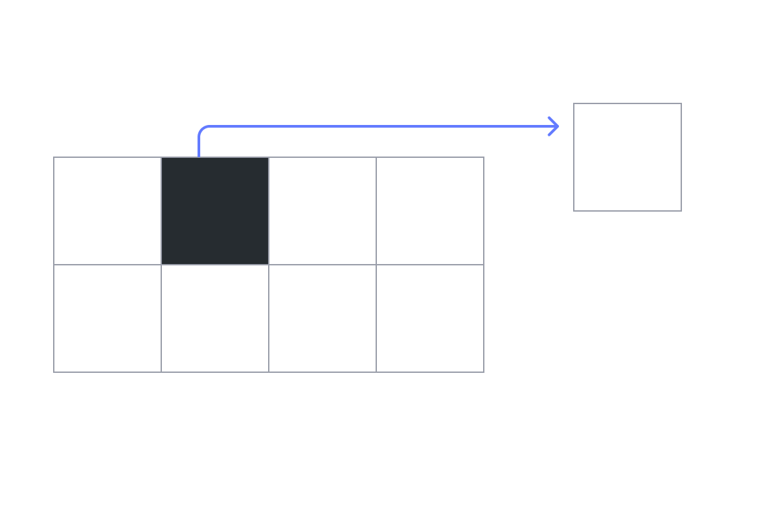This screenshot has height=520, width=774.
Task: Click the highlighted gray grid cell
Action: (215, 211)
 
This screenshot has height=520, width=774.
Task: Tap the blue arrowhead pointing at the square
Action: (554, 126)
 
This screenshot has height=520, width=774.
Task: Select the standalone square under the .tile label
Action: (628, 157)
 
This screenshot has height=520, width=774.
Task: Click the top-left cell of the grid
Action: (107, 211)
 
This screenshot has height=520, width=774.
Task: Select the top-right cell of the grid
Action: (430, 211)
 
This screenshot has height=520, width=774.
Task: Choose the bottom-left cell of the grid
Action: (107, 318)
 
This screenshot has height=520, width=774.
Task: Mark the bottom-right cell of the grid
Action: (430, 318)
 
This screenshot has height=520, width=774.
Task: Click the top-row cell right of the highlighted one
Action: (322, 211)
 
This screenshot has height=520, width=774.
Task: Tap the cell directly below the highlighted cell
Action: (215, 318)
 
